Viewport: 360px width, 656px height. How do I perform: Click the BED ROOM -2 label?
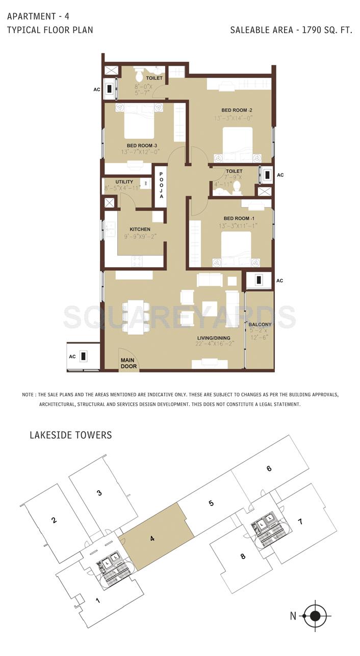tap(237, 110)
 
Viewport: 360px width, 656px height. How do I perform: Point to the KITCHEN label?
tap(140, 229)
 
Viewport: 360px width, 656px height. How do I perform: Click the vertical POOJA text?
tap(161, 185)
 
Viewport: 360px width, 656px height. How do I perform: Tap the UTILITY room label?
tap(124, 182)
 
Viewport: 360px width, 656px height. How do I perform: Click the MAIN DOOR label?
tap(128, 363)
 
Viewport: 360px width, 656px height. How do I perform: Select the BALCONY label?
tap(260, 324)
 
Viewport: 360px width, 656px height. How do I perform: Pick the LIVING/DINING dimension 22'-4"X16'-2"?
tap(215, 344)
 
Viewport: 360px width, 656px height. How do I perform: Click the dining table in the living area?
tap(136, 317)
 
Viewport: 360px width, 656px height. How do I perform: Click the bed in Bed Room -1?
tap(236, 247)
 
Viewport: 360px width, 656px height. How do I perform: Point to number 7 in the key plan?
tap(300, 521)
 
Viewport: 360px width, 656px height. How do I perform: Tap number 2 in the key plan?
tap(53, 520)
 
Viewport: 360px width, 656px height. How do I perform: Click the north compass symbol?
tap(315, 616)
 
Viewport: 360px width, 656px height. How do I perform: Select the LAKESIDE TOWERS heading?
tap(70, 435)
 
